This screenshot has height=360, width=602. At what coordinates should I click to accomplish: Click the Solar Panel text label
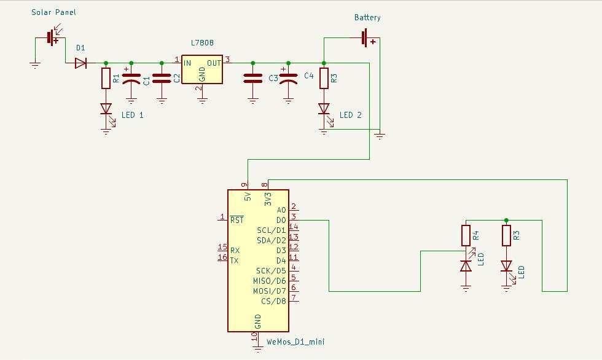point(54,12)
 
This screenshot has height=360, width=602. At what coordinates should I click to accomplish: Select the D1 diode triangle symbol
point(80,63)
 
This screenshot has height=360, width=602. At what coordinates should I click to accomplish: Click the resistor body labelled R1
point(106,78)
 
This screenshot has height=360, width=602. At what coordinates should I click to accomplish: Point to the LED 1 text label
point(133,115)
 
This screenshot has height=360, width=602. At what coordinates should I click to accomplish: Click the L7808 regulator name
point(202,42)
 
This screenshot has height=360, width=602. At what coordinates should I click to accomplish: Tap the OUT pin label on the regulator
point(214,63)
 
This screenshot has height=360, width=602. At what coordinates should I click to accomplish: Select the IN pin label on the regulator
point(187,63)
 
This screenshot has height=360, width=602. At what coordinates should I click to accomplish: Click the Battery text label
point(367,18)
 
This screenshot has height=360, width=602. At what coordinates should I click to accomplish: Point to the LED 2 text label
point(351,115)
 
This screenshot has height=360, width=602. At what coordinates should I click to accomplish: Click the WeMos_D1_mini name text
point(295,342)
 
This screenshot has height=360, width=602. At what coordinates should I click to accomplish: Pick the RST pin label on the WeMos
point(237,220)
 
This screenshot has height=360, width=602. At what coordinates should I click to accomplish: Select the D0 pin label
point(281,221)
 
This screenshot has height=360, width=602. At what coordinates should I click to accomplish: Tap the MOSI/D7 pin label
point(270,291)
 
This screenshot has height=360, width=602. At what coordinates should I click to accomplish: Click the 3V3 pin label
point(268,199)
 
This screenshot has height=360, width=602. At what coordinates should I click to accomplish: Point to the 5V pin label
point(248,197)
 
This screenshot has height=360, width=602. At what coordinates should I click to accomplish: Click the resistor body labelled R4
point(466,235)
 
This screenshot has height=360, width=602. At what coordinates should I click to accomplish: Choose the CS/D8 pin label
point(274,301)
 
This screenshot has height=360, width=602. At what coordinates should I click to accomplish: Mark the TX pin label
point(234,261)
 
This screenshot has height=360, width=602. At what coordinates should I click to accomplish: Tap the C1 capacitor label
point(146,80)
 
